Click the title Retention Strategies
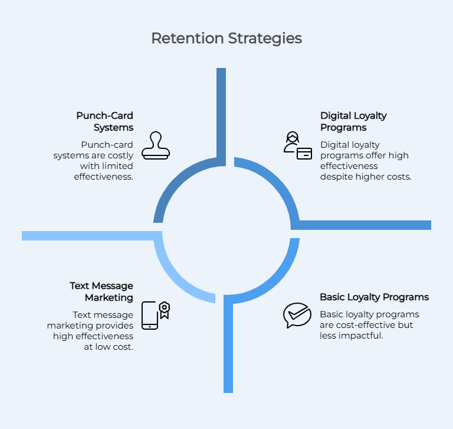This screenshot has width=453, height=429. (x=226, y=38)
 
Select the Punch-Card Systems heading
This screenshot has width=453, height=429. (x=104, y=122)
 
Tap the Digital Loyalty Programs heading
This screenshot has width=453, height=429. (x=353, y=122)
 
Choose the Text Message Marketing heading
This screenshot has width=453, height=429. (x=101, y=291)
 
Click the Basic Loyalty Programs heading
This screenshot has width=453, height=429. (x=374, y=297)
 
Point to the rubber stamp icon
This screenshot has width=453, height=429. (x=156, y=145)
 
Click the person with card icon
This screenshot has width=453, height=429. (x=297, y=145)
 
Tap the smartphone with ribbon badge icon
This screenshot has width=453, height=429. (x=156, y=316)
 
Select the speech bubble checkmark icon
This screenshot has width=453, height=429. (x=297, y=315)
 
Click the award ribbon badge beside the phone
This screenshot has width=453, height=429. (x=165, y=310)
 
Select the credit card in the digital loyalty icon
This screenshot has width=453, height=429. (x=304, y=154)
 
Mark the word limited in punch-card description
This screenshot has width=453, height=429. (x=114, y=166)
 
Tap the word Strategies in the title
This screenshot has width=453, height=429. (x=265, y=38)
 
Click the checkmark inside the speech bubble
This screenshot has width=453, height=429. (x=298, y=314)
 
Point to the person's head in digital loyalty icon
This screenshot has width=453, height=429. (x=293, y=137)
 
